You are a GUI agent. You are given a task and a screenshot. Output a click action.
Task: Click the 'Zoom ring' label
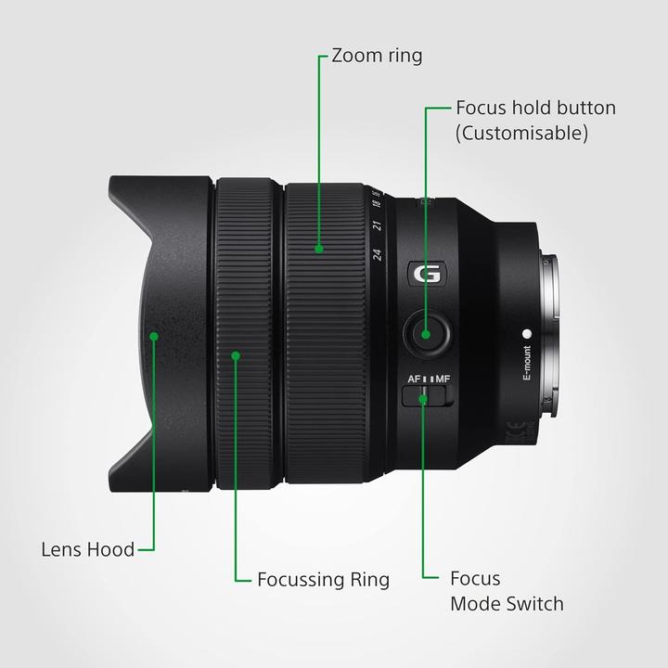[x=377, y=56]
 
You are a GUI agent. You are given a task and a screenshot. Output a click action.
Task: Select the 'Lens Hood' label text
[x=88, y=548]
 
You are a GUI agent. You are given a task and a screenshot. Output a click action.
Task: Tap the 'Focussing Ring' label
[x=324, y=580]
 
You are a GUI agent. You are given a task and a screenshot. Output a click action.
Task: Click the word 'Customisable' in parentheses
[x=521, y=133]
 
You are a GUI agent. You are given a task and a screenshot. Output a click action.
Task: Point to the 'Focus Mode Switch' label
[x=506, y=591]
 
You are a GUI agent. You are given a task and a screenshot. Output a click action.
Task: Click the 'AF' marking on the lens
[x=414, y=379]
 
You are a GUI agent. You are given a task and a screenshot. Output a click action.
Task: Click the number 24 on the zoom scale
[x=378, y=255]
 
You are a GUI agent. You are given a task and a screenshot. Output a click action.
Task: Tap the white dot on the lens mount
[x=526, y=332]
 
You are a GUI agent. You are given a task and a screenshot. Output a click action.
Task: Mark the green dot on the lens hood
[x=155, y=336]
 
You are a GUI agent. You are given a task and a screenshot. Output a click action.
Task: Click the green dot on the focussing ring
[x=236, y=354]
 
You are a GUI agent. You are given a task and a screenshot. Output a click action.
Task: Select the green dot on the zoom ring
[x=318, y=248]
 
